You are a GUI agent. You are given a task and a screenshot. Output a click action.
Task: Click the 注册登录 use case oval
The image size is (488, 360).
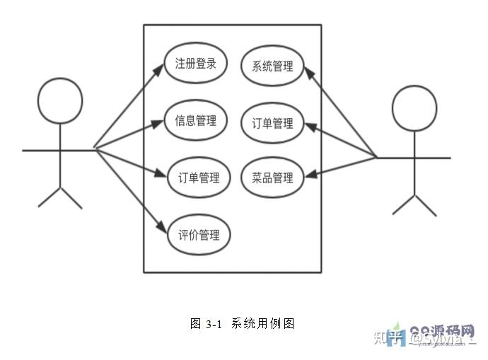click(x=195, y=63)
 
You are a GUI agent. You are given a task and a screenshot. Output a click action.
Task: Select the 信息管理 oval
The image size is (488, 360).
click(x=195, y=121)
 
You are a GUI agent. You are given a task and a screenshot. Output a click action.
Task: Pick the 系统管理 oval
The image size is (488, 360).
click(x=272, y=66)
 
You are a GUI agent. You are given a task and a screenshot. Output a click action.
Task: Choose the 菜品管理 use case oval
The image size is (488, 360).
click(x=272, y=178)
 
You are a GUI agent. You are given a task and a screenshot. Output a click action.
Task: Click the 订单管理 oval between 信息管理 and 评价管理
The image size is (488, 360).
click(x=198, y=178)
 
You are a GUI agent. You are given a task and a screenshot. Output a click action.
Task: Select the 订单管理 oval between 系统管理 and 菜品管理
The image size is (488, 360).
click(x=272, y=123)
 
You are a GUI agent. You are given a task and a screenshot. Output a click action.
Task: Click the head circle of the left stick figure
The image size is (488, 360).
click(x=60, y=100)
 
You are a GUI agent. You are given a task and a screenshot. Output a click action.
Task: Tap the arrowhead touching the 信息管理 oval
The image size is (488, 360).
click(x=161, y=124)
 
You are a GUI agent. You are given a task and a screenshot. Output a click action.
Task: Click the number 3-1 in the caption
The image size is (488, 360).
click(x=214, y=324)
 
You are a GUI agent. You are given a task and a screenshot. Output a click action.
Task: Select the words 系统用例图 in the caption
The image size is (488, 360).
click(x=262, y=324)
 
